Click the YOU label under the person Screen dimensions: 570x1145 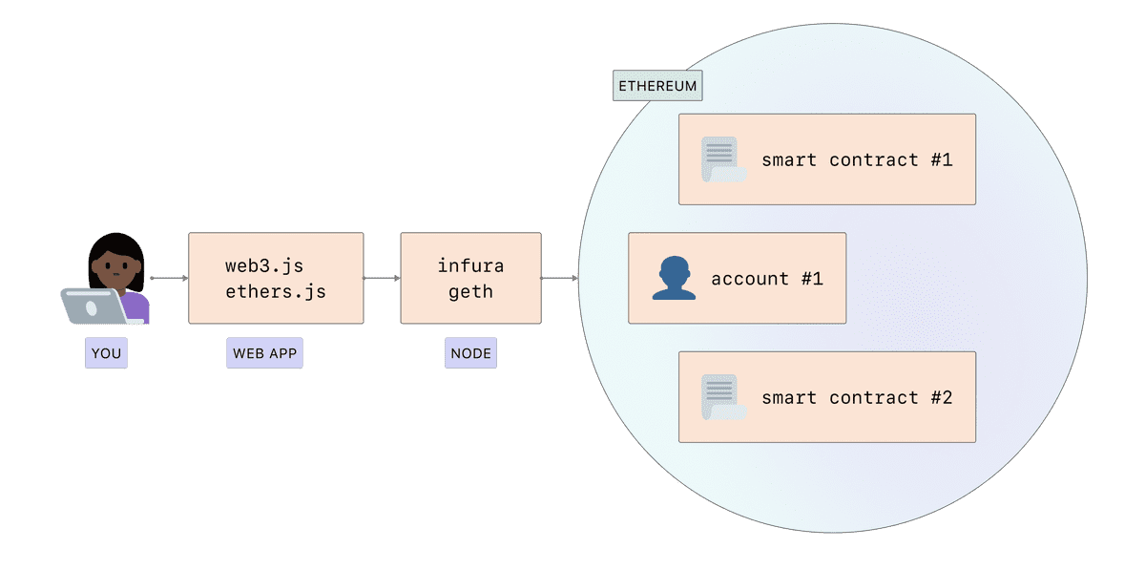[x=106, y=353]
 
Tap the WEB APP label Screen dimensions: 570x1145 [x=264, y=353]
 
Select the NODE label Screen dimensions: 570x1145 [x=470, y=353]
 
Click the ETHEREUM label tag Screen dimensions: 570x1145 [x=657, y=86]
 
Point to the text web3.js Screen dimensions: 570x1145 [x=264, y=265]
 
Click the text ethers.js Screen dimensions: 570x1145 [x=276, y=291]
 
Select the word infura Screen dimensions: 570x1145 [x=470, y=265]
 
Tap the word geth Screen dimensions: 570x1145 [x=470, y=291]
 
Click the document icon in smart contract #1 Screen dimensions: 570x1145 [x=722, y=159]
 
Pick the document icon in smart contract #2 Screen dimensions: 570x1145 [x=722, y=397]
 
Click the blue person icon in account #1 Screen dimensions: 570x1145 [x=674, y=278]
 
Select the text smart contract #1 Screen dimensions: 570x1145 [x=856, y=159]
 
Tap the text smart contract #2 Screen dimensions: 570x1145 [x=856, y=397]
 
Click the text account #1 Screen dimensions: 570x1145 [x=766, y=279]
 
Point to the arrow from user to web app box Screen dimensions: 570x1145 [x=169, y=278]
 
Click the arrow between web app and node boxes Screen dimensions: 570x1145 [x=382, y=278]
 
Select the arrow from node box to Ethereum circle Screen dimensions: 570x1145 [x=559, y=278]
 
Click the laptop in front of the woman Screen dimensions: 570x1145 [x=95, y=306]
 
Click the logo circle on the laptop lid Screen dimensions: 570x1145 [x=92, y=307]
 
